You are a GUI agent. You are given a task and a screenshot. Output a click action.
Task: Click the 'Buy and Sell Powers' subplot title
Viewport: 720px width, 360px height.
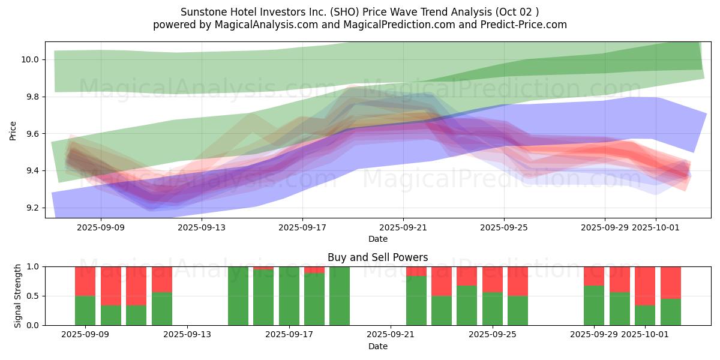point(377,257)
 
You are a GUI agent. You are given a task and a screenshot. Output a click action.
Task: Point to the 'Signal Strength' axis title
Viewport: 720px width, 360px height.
point(18,296)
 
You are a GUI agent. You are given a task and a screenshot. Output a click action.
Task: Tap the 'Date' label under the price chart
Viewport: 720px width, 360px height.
point(377,239)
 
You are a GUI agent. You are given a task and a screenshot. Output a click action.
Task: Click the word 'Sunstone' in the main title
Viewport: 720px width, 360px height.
point(200,12)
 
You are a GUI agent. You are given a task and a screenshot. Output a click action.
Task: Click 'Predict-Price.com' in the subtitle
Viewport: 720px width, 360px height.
point(526,25)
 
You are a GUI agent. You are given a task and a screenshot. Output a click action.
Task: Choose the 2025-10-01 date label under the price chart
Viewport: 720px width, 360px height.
point(655,227)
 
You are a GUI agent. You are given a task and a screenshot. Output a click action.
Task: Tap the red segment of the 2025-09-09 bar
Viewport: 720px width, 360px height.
point(85,281)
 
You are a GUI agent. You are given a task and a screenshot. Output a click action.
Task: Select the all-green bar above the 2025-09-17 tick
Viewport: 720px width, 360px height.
point(289,296)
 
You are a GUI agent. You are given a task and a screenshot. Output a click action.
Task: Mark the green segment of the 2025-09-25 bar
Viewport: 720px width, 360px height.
point(493,308)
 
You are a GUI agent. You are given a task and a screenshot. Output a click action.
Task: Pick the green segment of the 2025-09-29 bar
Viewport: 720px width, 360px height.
point(594,305)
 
